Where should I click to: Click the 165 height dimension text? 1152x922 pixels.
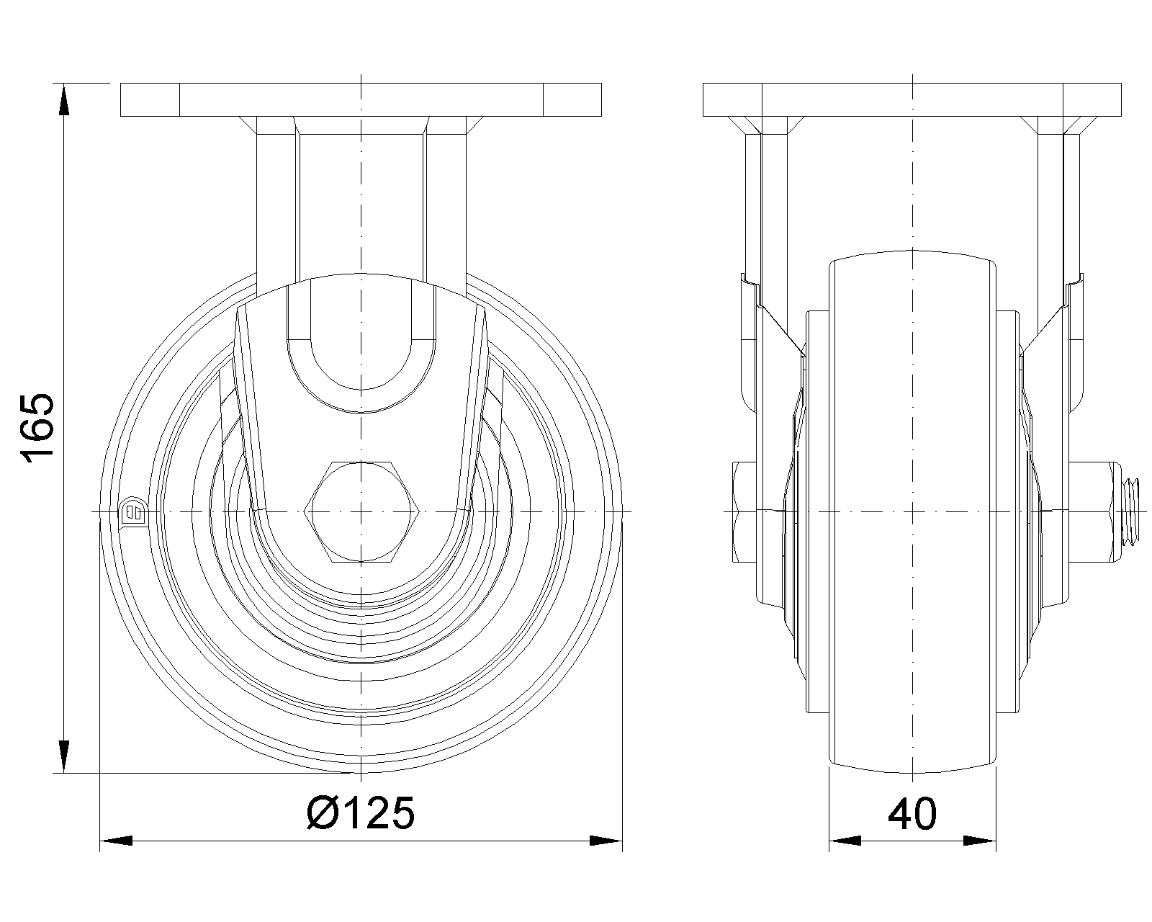point(38,426)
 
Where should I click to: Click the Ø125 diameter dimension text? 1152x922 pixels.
point(360,813)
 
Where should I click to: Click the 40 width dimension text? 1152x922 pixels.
point(912,813)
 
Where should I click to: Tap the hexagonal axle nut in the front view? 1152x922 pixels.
point(361,511)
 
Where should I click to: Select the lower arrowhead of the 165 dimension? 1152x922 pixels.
point(63,756)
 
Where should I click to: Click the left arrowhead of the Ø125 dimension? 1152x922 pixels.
point(116,841)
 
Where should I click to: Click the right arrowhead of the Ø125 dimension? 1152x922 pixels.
point(606,841)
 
